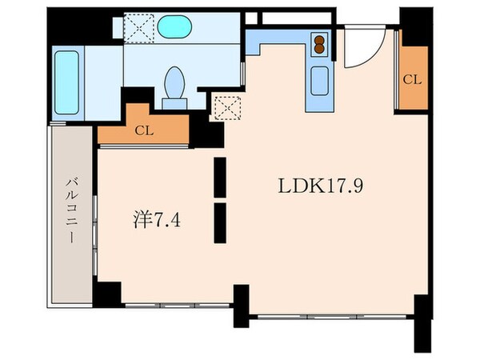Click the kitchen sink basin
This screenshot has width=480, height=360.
(318, 81)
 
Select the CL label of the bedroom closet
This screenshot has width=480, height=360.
(145, 130)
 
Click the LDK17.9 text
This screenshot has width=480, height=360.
(323, 186)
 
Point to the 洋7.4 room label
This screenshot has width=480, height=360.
(156, 217)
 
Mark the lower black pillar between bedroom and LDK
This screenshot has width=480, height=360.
(220, 221)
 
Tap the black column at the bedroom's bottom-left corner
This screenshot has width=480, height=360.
(106, 293)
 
